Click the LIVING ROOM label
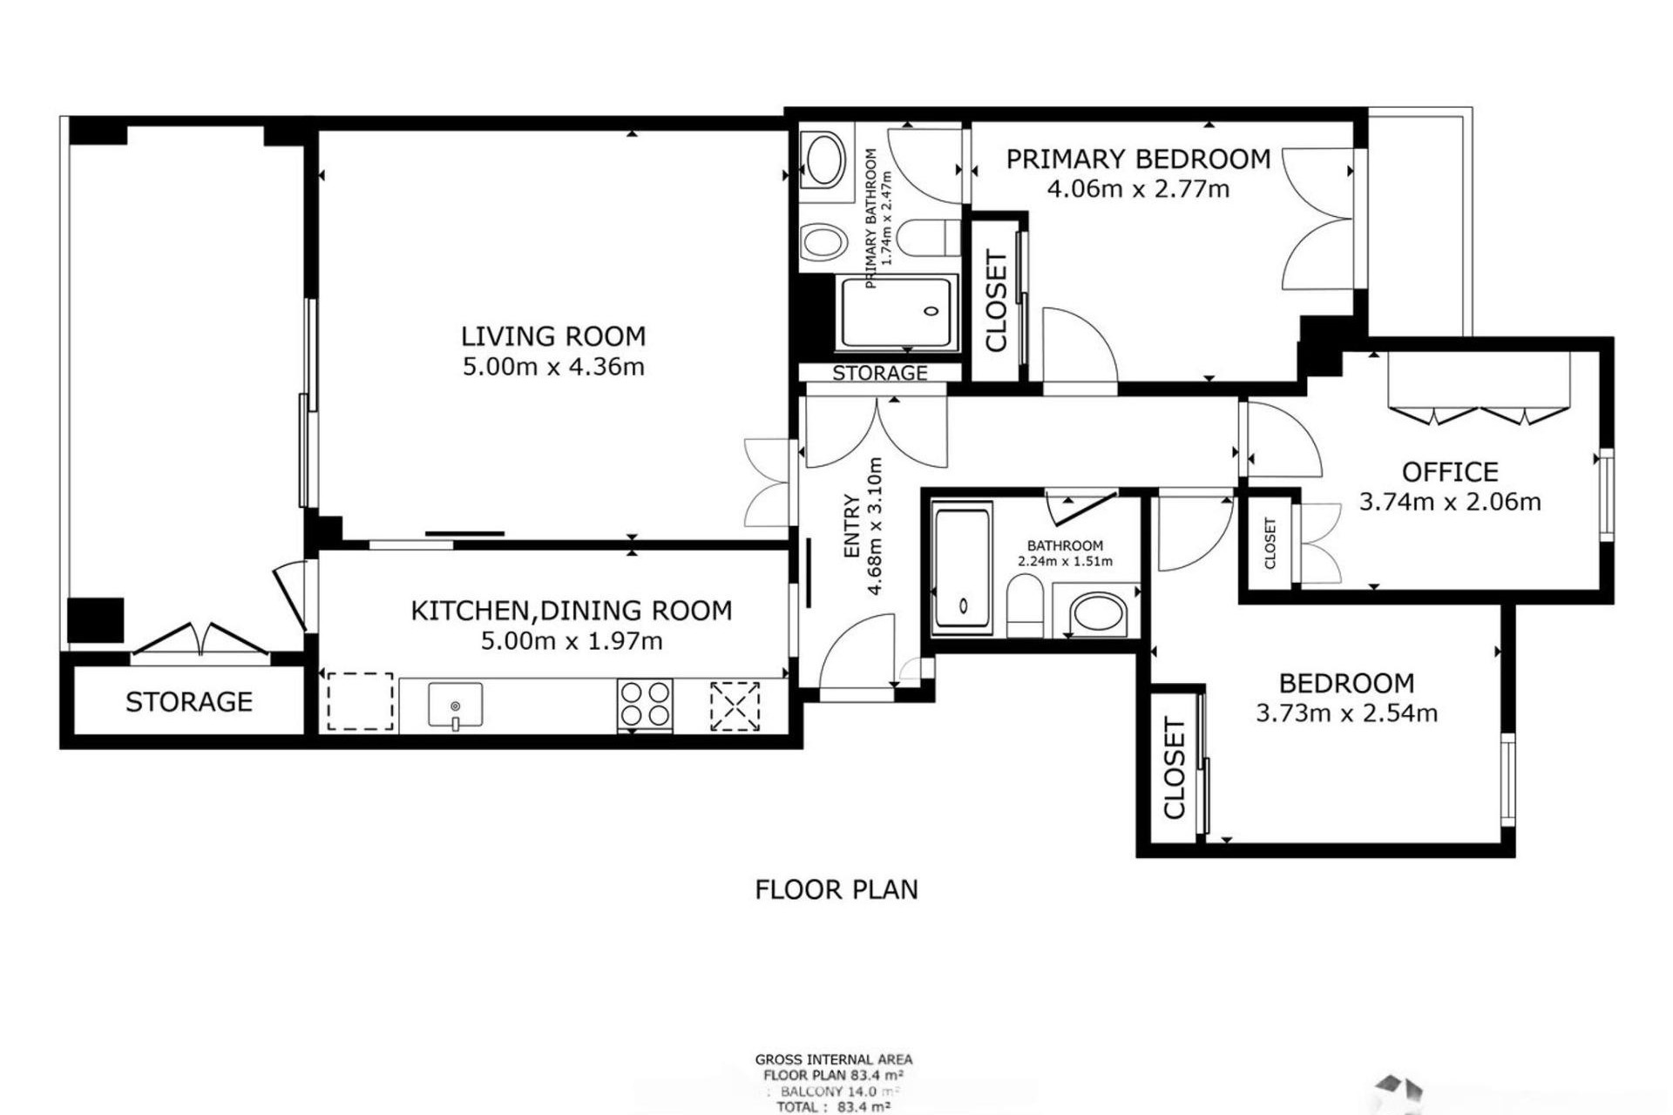tap(553, 336)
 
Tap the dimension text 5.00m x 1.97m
tap(572, 642)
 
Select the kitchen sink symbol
tap(455, 705)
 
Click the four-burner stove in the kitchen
tap(645, 704)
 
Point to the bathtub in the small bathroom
tap(962, 567)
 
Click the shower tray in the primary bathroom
tap(897, 313)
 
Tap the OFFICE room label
tap(1450, 472)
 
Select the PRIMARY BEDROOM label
tap(1138, 159)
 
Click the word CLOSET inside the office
tap(1270, 544)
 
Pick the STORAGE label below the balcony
tap(189, 702)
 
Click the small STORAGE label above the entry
tap(879, 374)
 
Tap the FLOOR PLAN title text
tap(836, 890)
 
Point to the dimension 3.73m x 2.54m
tap(1346, 713)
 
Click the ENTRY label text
tap(852, 526)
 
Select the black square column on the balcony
tap(96, 619)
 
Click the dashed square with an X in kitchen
tap(735, 706)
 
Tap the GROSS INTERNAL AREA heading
tap(834, 1060)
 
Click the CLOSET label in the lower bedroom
tap(1174, 768)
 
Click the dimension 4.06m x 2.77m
tap(1138, 189)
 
